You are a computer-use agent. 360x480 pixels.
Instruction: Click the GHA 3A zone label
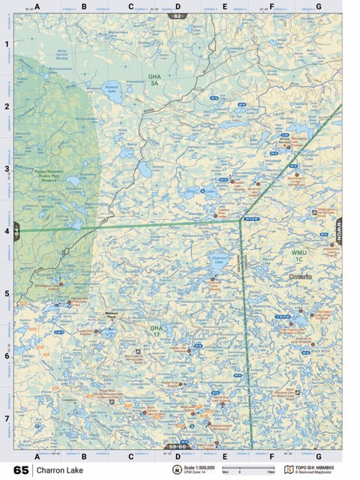click(x=154, y=79)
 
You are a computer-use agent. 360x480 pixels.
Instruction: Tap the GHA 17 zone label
click(x=156, y=330)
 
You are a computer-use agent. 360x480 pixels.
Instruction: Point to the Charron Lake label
click(x=219, y=257)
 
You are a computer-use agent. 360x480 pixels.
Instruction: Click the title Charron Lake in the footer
click(x=56, y=471)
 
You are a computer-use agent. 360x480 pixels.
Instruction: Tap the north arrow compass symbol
click(x=177, y=470)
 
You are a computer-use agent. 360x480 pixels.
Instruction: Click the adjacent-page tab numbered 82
click(x=177, y=16)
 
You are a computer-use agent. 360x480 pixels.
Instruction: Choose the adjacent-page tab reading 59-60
click(x=177, y=446)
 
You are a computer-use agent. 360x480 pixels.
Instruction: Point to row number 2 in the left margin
click(x=7, y=106)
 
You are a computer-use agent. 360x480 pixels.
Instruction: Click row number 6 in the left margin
click(x=7, y=356)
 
